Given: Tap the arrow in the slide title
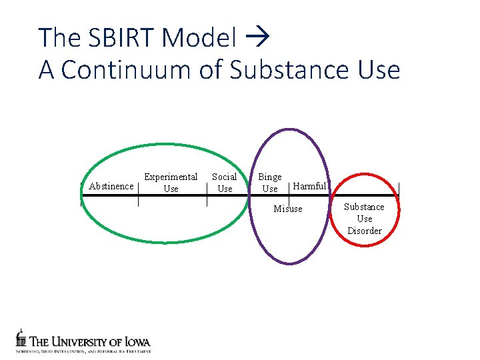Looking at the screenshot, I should click(256, 38).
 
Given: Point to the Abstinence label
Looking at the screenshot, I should click(111, 187).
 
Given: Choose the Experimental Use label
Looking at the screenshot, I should click(171, 183).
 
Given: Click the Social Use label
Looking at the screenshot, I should click(225, 183).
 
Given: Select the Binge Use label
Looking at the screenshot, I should click(270, 183).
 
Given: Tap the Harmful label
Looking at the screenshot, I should click(310, 187).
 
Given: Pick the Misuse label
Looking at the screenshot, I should click(288, 209).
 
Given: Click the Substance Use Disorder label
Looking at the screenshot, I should click(364, 219).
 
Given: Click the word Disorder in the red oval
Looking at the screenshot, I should click(364, 231).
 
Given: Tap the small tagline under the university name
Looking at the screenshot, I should click(84, 350).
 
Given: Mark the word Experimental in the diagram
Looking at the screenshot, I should click(171, 177).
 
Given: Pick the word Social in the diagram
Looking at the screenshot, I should click(225, 177).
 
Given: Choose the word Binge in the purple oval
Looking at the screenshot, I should click(270, 177).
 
